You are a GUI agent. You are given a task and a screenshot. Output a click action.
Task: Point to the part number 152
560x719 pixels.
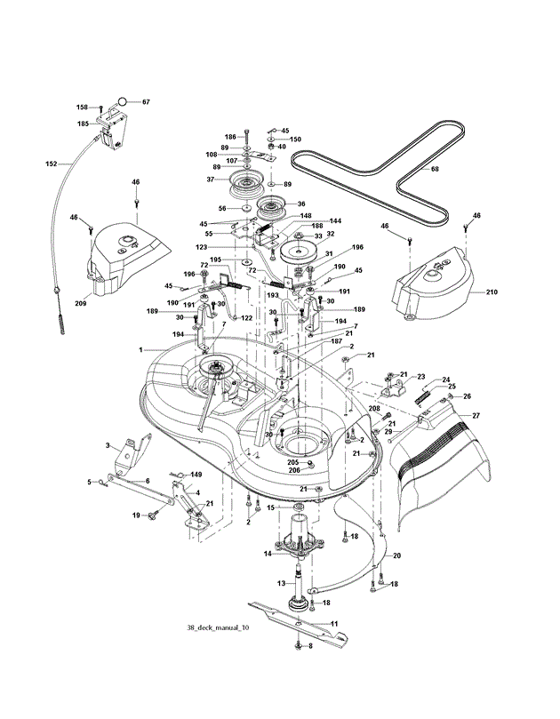(x=52, y=164)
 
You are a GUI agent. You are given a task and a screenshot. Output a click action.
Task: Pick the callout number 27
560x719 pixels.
(x=476, y=415)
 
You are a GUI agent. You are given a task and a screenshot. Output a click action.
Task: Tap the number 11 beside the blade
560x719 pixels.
(x=335, y=625)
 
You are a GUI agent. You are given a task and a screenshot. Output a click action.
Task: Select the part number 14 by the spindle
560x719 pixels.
(x=267, y=554)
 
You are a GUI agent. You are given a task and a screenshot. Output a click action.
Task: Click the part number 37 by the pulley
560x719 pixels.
(x=211, y=180)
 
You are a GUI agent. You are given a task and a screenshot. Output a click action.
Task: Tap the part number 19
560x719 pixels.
(x=137, y=515)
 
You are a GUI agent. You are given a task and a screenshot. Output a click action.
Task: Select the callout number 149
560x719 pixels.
(x=196, y=475)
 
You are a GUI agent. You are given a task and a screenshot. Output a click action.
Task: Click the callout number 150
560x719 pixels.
(x=295, y=140)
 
